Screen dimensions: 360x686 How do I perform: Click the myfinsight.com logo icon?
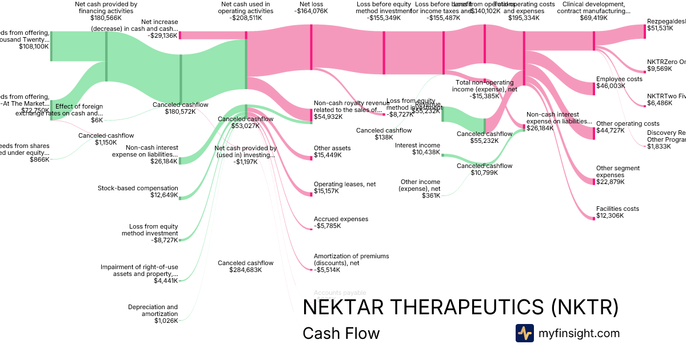[524, 333]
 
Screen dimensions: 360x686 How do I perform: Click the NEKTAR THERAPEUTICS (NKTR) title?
[460, 307]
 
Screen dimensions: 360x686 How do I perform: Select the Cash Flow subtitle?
[341, 333]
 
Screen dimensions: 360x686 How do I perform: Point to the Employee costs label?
[619, 79]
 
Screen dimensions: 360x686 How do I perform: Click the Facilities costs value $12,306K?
[611, 216]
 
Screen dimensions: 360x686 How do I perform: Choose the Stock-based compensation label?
[138, 188]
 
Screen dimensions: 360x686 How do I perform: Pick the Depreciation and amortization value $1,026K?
[166, 321]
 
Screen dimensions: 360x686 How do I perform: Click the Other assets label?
[332, 148]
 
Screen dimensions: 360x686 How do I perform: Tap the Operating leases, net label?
[345, 185]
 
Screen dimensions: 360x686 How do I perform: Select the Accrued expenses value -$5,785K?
[327, 226]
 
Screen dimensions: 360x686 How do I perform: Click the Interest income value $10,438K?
[426, 153]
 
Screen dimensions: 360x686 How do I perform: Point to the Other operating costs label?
[628, 123]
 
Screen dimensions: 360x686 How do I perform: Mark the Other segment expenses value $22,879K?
[611, 182]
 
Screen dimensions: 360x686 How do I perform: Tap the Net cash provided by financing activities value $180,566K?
[106, 18]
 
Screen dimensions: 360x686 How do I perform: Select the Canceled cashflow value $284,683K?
[245, 270]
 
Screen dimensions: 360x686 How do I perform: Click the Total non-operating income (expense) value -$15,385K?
[484, 96]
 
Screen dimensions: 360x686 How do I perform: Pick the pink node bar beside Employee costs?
[595, 88]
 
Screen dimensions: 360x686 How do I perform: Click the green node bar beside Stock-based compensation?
[180, 197]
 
